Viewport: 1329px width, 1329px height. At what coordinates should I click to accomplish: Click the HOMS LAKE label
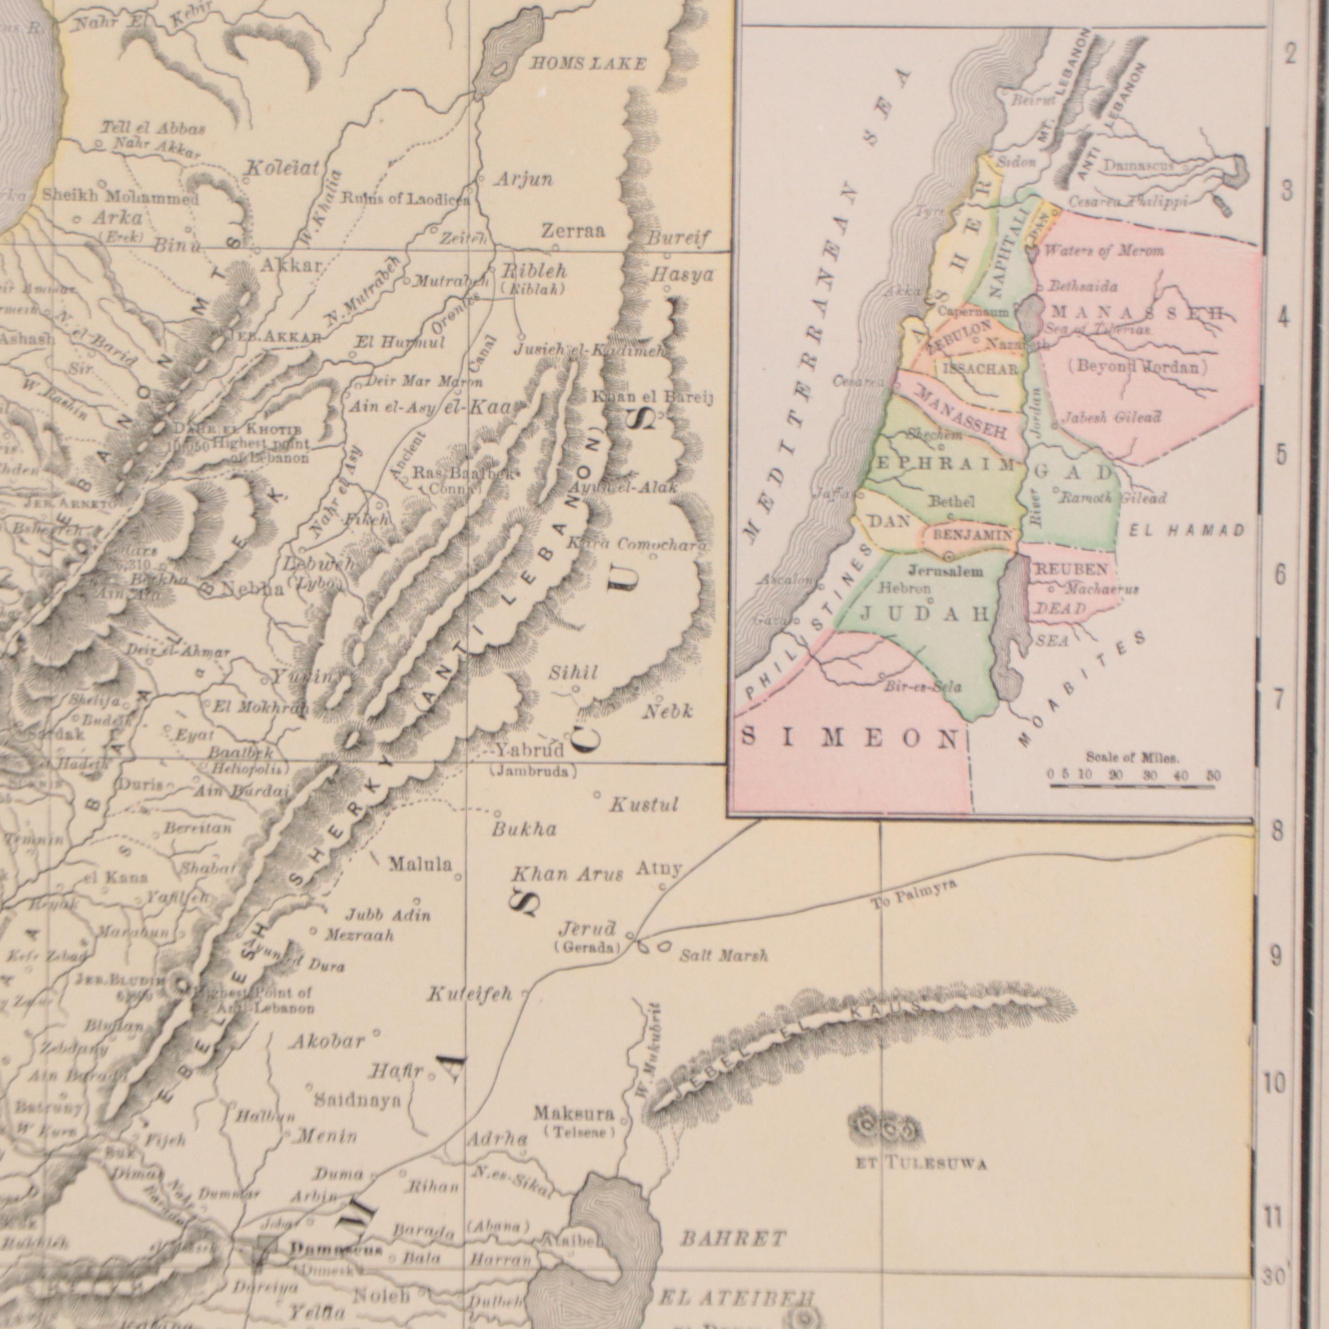pos(587,65)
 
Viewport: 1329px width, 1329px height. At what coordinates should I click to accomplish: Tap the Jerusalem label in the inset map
pos(945,571)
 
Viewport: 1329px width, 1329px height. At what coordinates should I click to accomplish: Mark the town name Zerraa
pos(573,231)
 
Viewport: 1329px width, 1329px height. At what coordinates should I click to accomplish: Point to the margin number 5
pos(1281,454)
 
